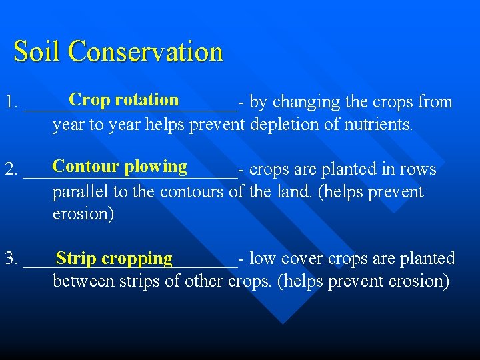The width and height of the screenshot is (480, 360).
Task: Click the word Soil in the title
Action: click(37, 51)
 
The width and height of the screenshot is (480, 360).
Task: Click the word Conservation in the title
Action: click(145, 51)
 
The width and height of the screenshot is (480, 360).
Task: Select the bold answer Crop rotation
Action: click(123, 99)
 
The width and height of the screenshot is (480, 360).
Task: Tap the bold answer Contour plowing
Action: click(120, 166)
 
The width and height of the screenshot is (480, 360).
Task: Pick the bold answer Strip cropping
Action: click(114, 258)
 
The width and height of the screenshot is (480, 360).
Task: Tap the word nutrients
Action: click(378, 125)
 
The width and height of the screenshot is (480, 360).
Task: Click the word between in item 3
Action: click(83, 281)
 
